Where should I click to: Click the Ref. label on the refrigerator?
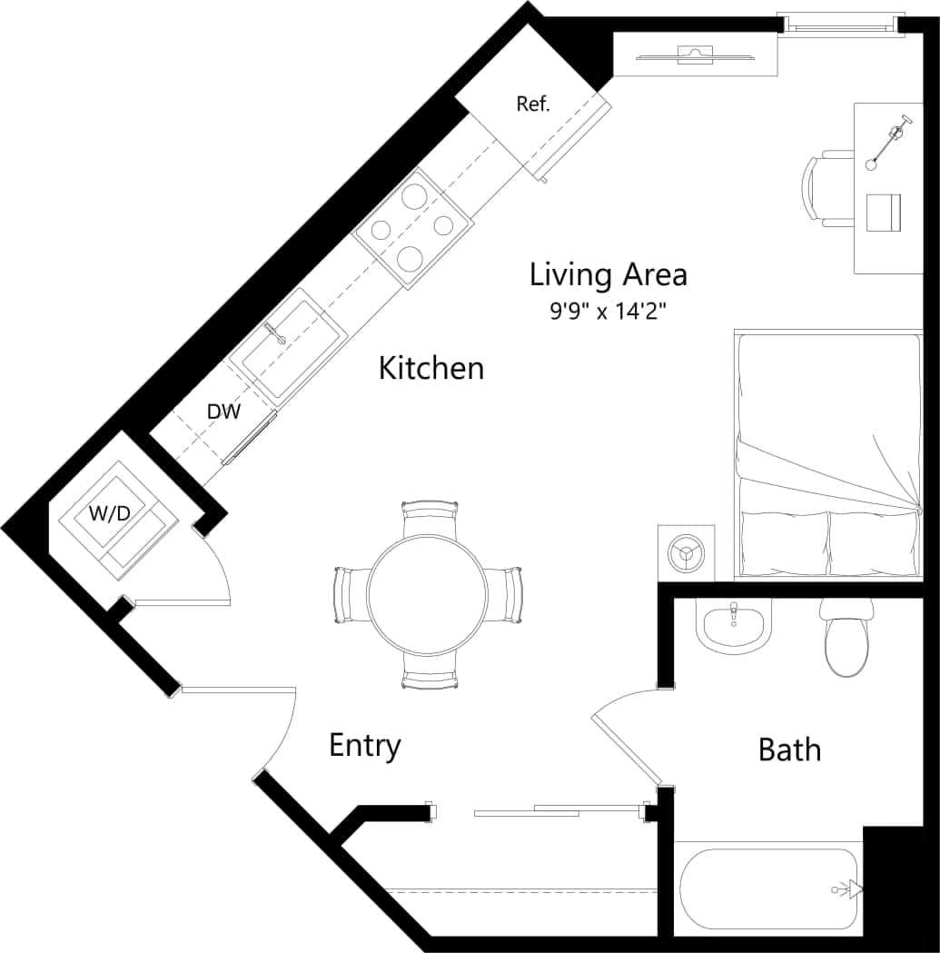click(533, 104)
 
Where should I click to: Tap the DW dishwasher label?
click(223, 412)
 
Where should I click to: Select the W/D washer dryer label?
click(109, 513)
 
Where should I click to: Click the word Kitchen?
click(430, 369)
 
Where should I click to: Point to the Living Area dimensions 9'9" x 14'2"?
click(608, 311)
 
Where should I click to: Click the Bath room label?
click(789, 750)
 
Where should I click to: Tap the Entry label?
click(364, 746)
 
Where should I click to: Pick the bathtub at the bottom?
click(767, 888)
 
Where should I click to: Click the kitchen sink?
click(287, 344)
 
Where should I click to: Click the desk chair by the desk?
click(825, 191)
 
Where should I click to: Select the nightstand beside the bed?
click(686, 551)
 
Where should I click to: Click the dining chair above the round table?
click(429, 519)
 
